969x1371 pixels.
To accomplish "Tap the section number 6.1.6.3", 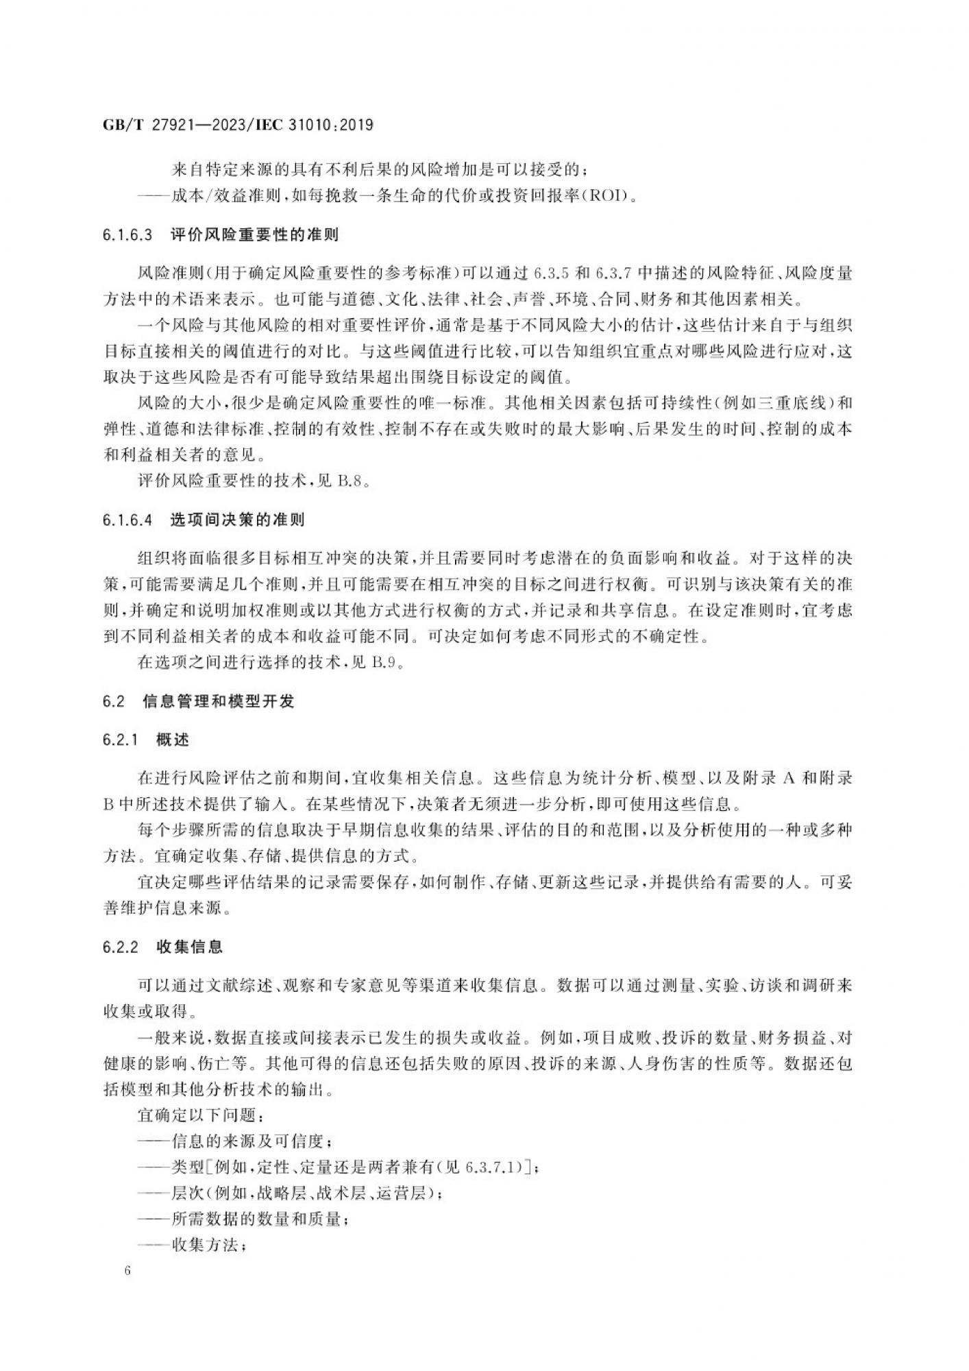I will click(x=127, y=235).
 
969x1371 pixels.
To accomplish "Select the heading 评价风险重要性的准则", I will click(x=254, y=235).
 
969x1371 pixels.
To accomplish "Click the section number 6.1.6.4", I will click(x=127, y=520).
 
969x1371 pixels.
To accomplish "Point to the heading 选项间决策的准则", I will click(x=237, y=520).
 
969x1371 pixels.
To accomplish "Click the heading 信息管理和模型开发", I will click(x=219, y=701).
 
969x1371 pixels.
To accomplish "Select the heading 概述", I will click(x=172, y=740).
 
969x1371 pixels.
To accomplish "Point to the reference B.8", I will click(x=349, y=481).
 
